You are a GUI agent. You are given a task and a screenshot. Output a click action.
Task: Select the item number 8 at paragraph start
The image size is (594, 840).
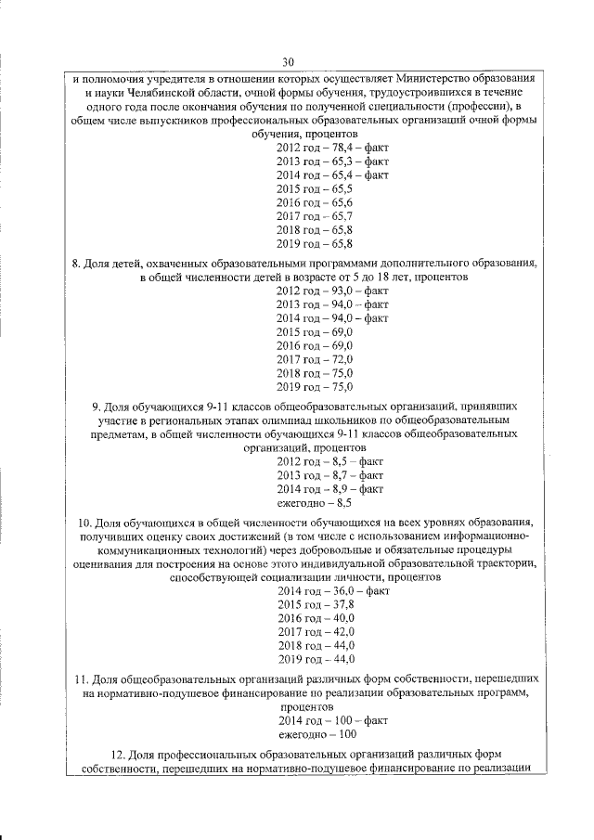tap(76, 263)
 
